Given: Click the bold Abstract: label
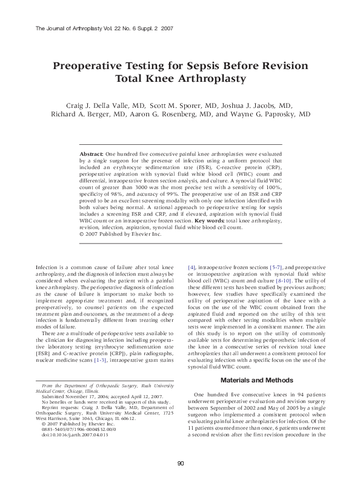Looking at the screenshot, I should point(92,155).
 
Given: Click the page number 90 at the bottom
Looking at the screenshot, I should point(180,464).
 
